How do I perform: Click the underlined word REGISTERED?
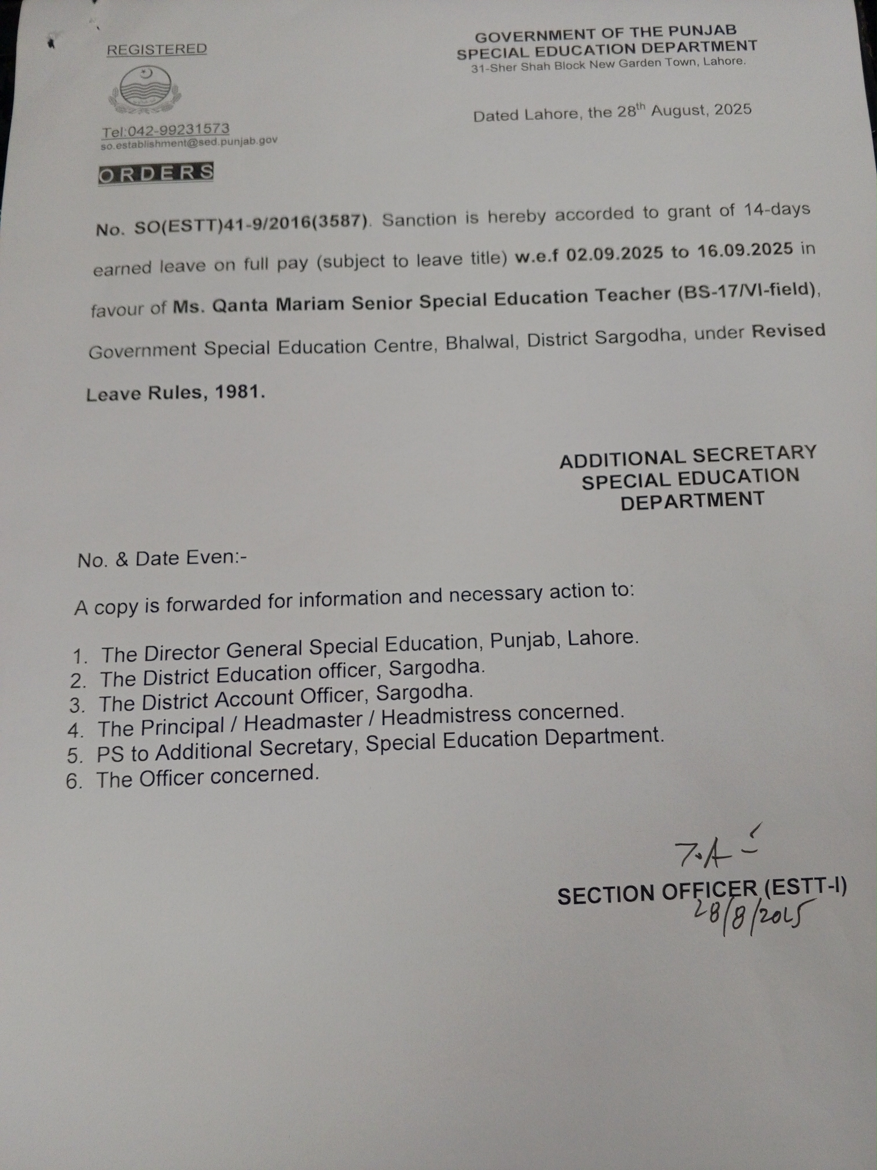coord(157,49)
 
